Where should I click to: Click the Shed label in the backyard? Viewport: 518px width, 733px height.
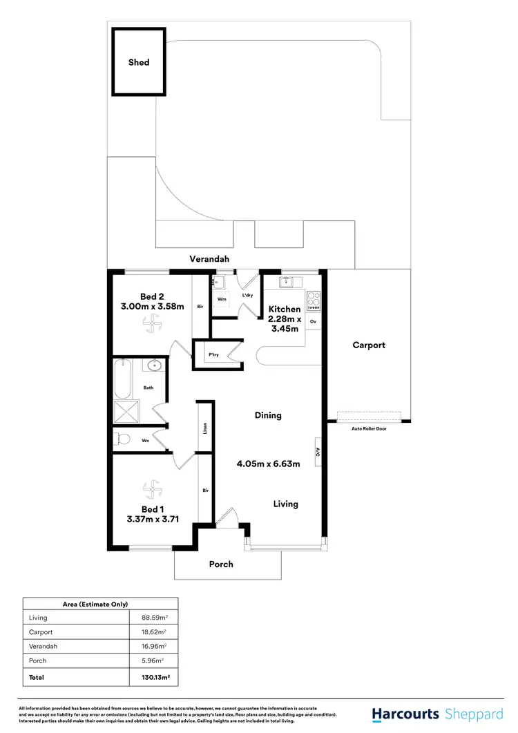[x=139, y=62]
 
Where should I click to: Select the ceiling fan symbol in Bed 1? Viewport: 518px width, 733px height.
[x=151, y=490]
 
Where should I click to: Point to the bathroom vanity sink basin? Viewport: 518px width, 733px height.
[x=154, y=366]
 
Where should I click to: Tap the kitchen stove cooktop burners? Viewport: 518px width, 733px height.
[x=313, y=300]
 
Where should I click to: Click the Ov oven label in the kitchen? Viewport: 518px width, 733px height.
[x=313, y=322]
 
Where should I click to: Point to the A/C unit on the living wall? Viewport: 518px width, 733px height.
[x=318, y=452]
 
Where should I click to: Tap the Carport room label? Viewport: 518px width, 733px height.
[x=369, y=345]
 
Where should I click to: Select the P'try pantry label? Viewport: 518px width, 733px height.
[x=213, y=355]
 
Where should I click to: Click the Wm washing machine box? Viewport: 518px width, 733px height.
[x=222, y=299]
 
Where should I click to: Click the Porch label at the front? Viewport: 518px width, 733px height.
[x=221, y=564]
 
